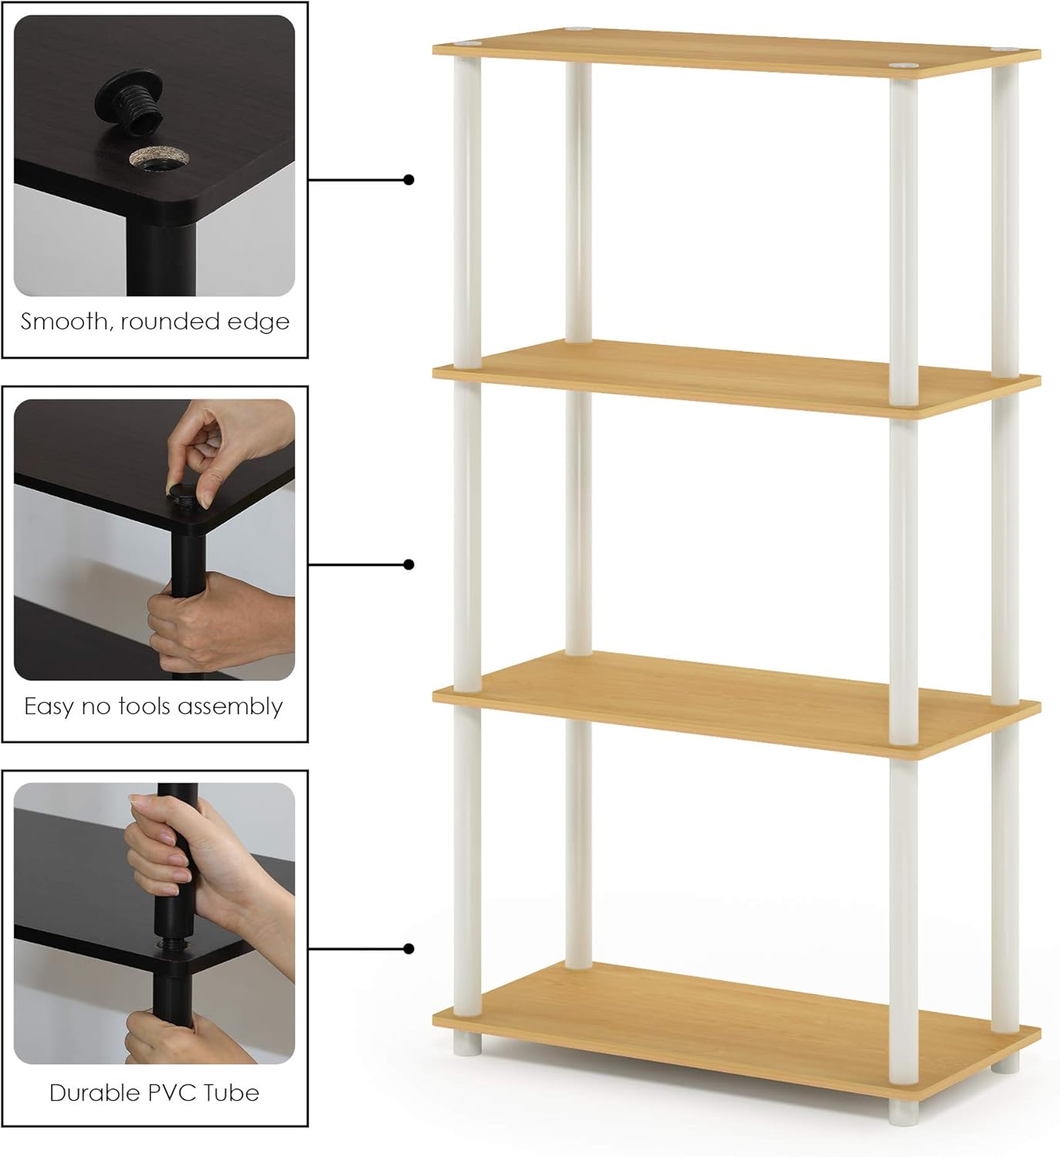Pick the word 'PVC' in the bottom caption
click(x=177, y=1093)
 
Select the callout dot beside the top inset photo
click(x=409, y=180)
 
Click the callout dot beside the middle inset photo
click(x=409, y=565)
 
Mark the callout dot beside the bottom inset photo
click(x=409, y=949)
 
